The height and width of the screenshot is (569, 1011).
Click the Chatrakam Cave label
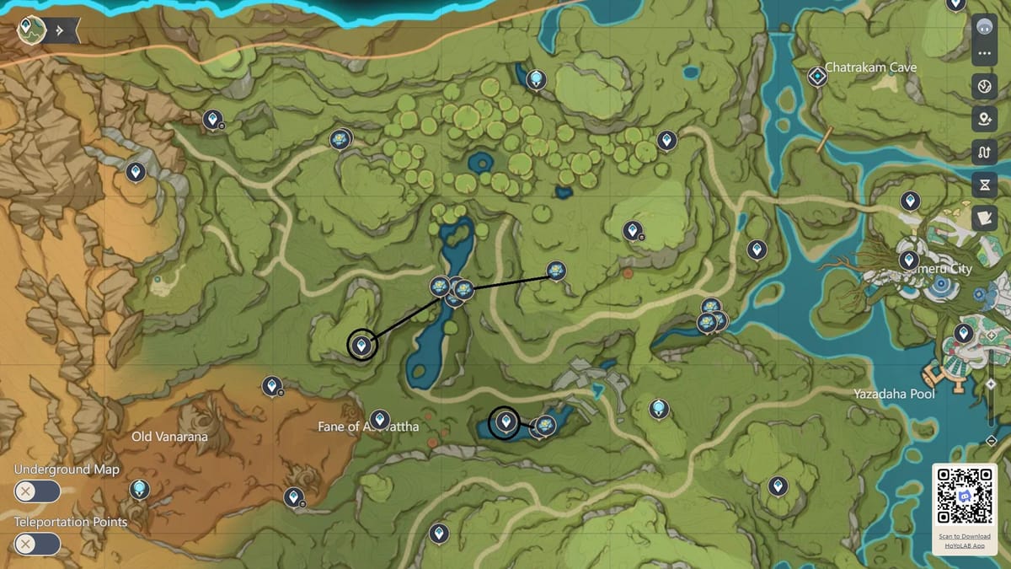(871, 67)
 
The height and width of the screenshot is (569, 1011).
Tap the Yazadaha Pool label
(894, 394)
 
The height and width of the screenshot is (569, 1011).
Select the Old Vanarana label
(169, 437)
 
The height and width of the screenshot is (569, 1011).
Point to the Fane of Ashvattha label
(368, 427)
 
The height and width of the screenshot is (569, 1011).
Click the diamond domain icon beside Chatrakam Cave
(817, 77)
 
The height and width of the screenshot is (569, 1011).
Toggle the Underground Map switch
(37, 491)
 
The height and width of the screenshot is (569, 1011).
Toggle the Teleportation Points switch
(37, 544)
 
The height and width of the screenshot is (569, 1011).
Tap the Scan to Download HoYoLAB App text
(965, 541)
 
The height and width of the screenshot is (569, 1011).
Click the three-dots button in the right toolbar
(984, 55)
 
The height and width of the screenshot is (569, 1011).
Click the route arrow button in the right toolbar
(984, 153)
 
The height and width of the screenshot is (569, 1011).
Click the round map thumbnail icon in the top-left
(31, 30)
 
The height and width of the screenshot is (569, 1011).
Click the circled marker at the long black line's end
(362, 344)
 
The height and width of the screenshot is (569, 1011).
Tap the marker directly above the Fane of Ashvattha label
(380, 418)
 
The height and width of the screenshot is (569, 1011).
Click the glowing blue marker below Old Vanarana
(139, 489)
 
